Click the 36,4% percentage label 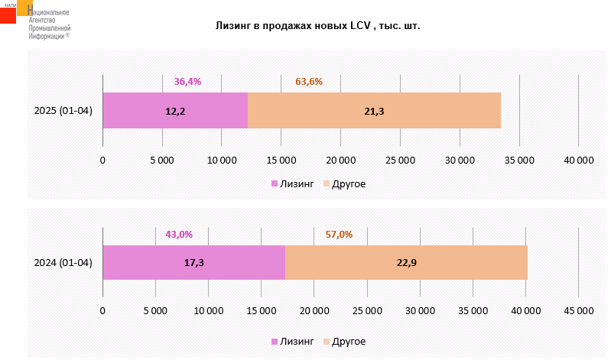pos(187,81)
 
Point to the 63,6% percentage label pos(309,81)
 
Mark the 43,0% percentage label pos(179,234)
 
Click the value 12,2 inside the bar pos(175,112)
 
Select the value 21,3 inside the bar pos(374,112)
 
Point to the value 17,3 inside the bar pos(193,263)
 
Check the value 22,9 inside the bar pos(406,263)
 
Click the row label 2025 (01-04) pos(63,111)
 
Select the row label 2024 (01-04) pos(63,263)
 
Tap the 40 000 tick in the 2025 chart pos(578,160)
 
